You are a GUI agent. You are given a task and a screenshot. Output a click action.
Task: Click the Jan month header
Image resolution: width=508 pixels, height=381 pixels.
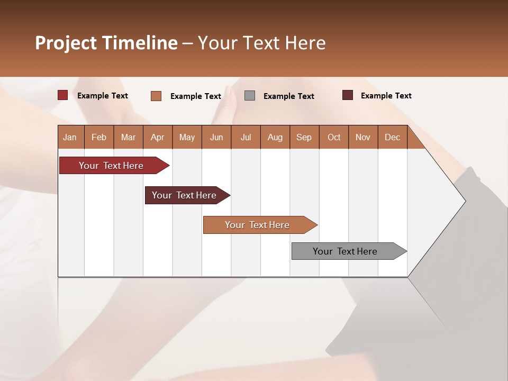point(70,137)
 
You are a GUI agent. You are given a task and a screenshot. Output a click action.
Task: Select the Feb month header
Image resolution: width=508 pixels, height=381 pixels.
point(99,137)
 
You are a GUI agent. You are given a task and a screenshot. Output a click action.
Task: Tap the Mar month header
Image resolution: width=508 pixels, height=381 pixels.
point(128,137)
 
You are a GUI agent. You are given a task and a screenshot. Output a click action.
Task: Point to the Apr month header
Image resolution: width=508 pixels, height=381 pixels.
point(158,137)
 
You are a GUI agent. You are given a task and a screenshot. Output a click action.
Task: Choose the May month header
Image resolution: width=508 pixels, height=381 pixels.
point(187,137)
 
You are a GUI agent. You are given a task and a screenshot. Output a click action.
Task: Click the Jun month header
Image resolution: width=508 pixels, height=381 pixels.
point(216,137)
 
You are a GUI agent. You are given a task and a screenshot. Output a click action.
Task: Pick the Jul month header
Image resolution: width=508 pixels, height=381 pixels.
point(246,137)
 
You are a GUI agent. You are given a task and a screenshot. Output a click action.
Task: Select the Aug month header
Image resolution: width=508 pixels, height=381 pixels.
point(275,137)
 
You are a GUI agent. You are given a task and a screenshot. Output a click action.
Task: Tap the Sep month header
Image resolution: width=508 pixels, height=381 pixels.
point(304,137)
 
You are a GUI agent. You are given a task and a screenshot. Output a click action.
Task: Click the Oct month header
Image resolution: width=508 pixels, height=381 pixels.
point(334,137)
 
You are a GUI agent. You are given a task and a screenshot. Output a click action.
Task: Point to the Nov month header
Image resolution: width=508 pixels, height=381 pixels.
point(363,137)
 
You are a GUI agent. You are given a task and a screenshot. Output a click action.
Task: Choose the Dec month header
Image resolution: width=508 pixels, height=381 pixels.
point(393,137)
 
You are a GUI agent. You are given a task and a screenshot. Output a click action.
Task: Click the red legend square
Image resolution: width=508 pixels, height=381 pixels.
point(63,95)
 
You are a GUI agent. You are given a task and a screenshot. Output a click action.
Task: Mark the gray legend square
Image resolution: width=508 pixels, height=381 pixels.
point(250,96)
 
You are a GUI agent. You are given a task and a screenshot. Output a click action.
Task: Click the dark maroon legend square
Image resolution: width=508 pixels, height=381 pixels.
point(348,95)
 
